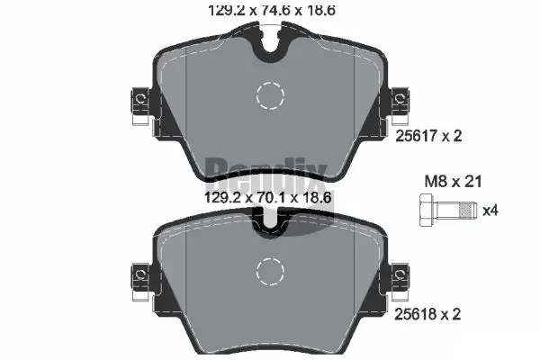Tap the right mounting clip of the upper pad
398,104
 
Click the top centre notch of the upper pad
269,45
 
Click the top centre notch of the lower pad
269,223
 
